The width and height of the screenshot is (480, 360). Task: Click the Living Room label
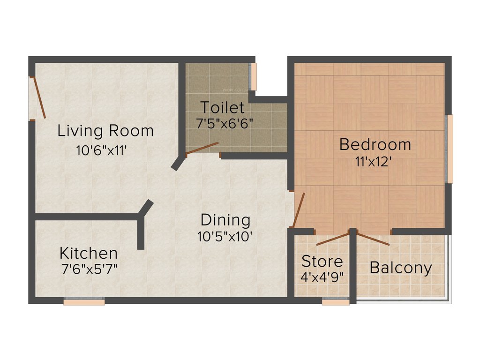coord(105,131)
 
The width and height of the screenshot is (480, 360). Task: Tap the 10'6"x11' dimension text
coord(102,151)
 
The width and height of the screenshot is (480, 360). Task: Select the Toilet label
coord(223,107)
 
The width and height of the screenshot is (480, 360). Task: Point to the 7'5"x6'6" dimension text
coord(225,123)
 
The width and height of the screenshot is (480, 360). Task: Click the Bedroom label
coord(375,144)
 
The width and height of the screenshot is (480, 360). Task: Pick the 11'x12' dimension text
coord(373,162)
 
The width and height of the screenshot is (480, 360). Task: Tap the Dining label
coord(225,219)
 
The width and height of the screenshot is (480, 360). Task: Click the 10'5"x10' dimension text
coord(225,236)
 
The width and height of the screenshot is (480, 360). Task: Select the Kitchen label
coord(88,253)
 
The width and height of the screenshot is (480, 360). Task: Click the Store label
coord(322,261)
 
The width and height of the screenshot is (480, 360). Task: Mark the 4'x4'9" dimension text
coord(322,276)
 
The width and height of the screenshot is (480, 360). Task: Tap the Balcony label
coord(401,268)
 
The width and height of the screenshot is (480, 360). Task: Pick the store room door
coord(332,239)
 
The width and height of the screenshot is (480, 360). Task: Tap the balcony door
coord(373,239)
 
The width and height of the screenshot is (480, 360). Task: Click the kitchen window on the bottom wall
coord(84,302)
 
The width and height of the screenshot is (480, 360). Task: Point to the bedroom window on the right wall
coord(450,149)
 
